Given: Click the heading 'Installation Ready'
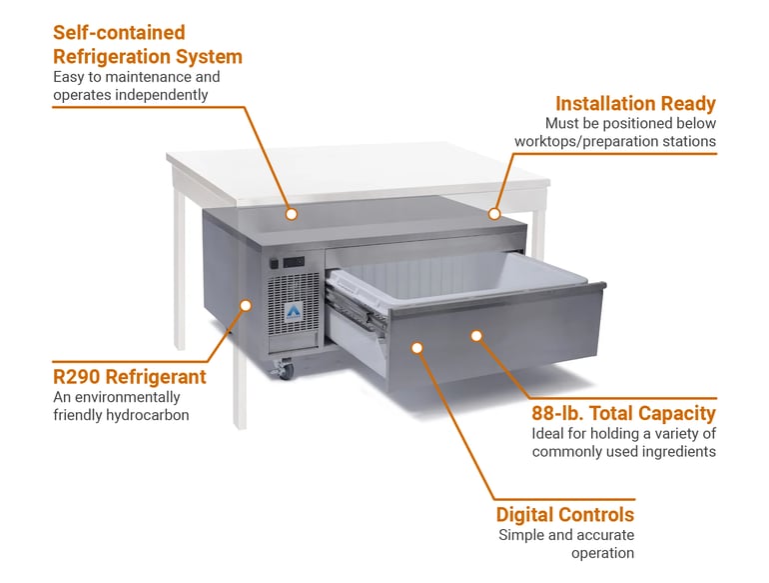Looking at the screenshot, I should (x=635, y=104).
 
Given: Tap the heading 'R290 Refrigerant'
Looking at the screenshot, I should (x=129, y=377).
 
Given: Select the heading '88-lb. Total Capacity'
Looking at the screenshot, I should (x=623, y=413).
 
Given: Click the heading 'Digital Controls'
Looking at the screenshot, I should (x=565, y=515).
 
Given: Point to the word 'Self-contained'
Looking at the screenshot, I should (x=119, y=33).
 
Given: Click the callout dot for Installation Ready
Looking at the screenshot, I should (x=493, y=213).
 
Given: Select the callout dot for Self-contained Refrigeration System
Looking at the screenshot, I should (x=291, y=213).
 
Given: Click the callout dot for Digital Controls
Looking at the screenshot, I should (x=417, y=348).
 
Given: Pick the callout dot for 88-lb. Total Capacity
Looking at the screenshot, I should (x=476, y=336).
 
